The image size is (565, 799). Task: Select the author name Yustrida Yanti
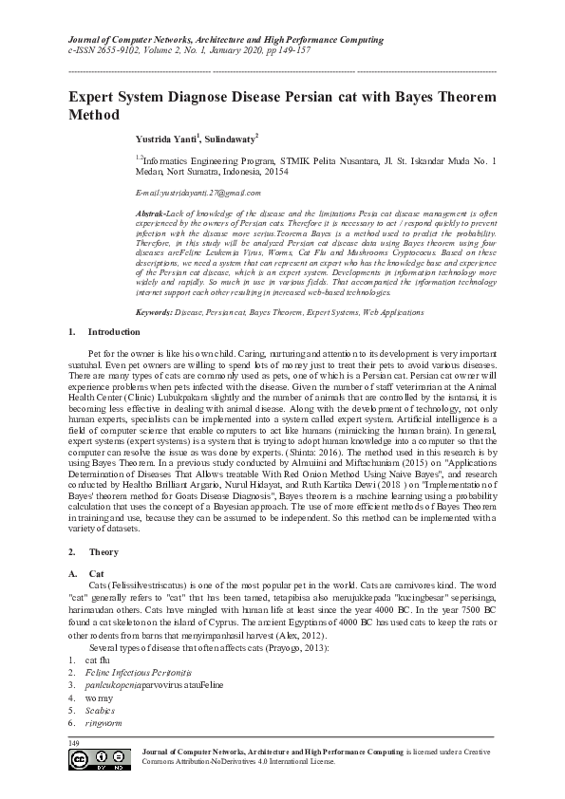tap(167, 139)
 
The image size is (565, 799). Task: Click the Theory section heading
tap(102, 551)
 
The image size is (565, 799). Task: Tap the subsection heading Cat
tap(96, 574)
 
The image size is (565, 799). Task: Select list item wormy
tap(98, 696)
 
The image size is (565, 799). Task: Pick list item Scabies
tap(100, 709)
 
